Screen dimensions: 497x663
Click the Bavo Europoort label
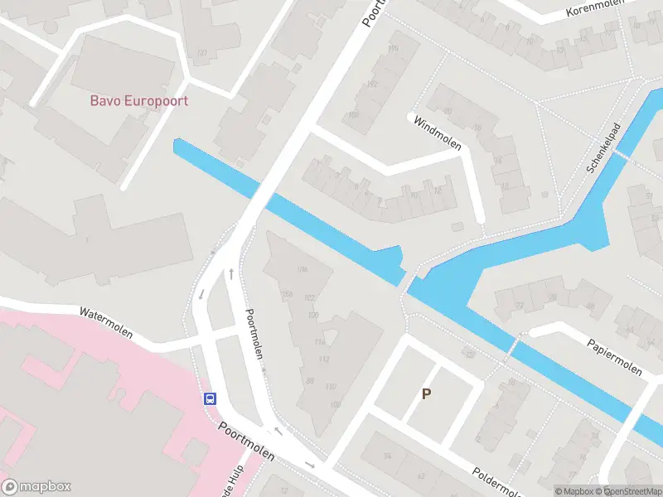(139, 101)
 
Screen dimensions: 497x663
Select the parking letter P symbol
(427, 394)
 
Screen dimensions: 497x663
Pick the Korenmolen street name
(593, 11)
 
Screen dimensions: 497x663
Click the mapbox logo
(37, 487)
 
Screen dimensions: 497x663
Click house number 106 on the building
(302, 269)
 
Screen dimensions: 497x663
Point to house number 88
(310, 381)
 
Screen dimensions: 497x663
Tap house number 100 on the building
(313, 316)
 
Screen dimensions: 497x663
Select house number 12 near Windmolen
(438, 191)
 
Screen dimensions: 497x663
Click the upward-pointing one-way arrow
(230, 273)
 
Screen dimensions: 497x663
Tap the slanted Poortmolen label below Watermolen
(254, 334)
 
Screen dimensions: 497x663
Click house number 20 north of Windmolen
(448, 111)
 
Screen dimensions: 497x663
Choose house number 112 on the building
(325, 359)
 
